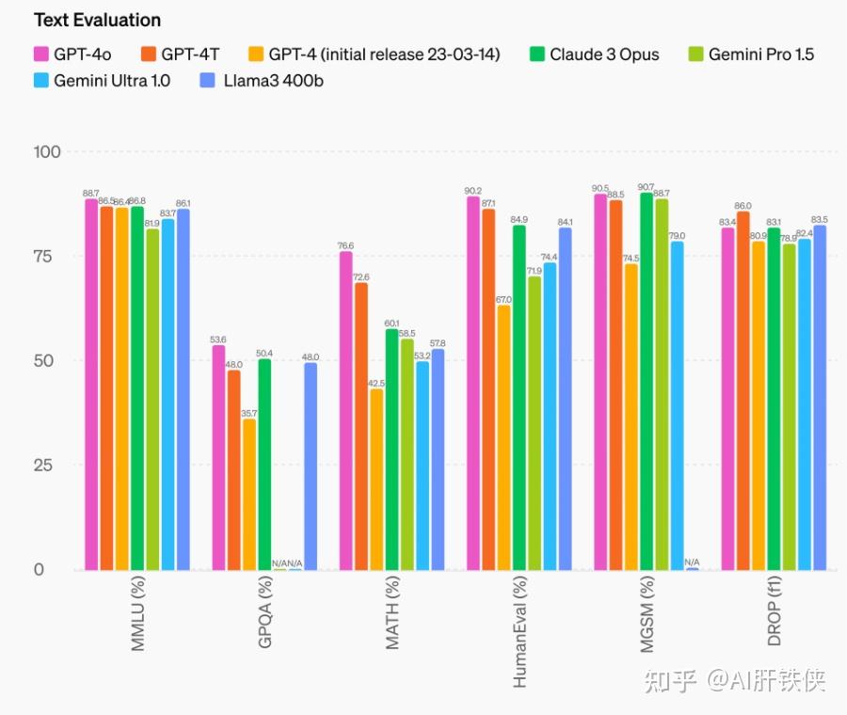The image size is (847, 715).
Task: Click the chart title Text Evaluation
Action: click(x=97, y=20)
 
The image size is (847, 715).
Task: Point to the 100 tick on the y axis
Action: click(x=47, y=152)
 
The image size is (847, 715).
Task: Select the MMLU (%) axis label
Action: click(x=137, y=617)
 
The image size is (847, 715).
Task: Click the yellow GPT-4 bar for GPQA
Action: click(x=248, y=494)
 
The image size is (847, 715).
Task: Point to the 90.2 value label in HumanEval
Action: click(x=472, y=190)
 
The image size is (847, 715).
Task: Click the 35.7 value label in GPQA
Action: click(x=248, y=412)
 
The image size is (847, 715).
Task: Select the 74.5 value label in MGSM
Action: click(x=631, y=258)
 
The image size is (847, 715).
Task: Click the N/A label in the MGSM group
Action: click(x=692, y=562)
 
